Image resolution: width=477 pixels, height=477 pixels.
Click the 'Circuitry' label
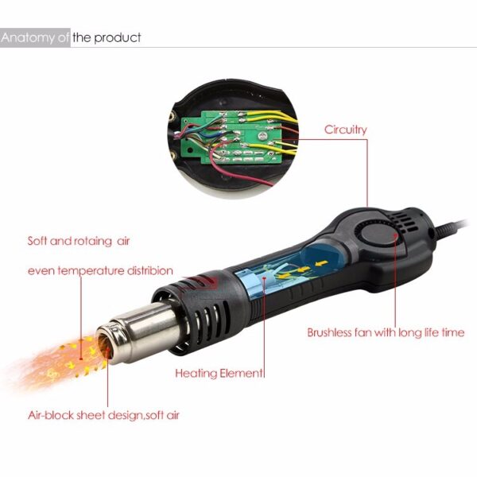(x=346, y=130)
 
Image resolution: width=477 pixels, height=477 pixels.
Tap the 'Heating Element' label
(x=219, y=373)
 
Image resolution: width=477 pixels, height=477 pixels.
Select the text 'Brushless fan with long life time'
(x=386, y=332)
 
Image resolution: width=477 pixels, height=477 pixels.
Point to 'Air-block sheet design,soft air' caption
(x=103, y=415)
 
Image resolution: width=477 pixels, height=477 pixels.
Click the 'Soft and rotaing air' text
(x=79, y=241)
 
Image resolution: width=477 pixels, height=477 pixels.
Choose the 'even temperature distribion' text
(x=100, y=270)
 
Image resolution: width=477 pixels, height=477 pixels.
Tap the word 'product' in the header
(x=117, y=38)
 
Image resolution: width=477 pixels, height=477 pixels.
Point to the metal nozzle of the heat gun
(x=137, y=332)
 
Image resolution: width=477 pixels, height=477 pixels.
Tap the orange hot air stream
(x=61, y=362)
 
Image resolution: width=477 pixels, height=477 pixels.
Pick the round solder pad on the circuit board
(x=262, y=136)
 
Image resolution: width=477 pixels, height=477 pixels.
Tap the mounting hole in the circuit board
(x=190, y=150)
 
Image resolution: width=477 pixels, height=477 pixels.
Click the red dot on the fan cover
(x=395, y=235)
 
